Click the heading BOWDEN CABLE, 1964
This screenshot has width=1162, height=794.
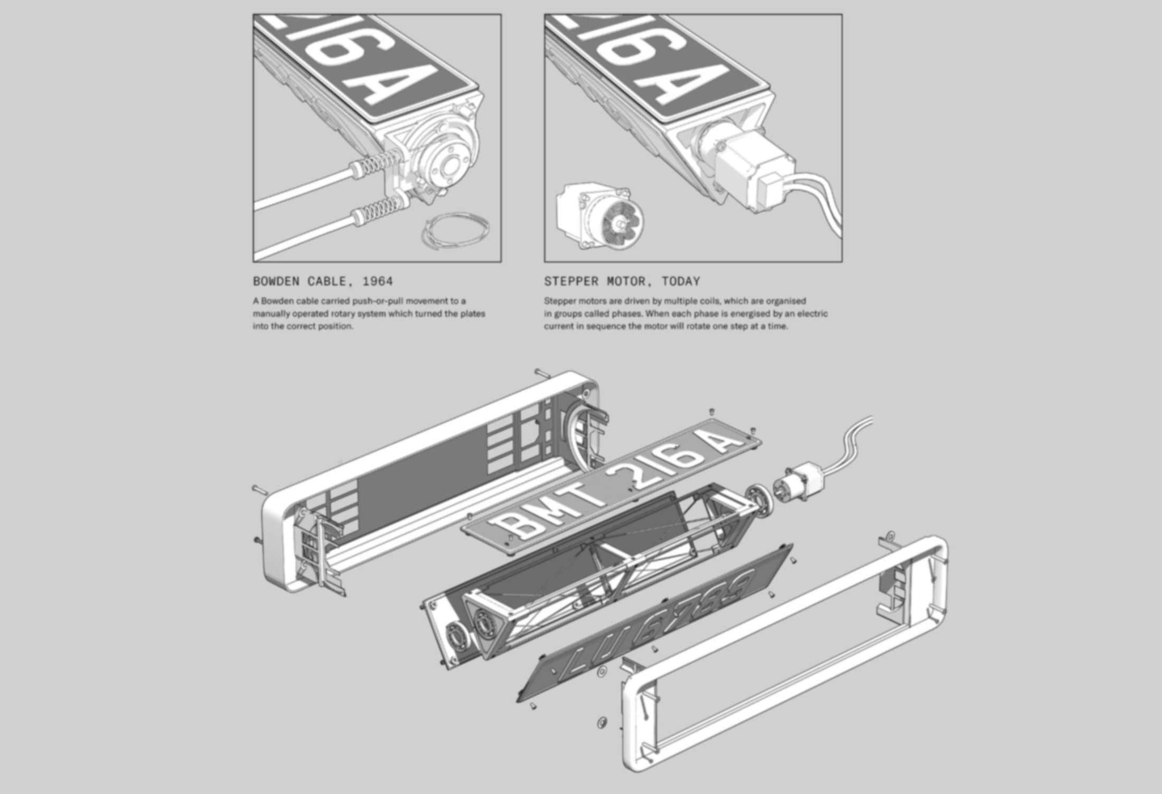323,281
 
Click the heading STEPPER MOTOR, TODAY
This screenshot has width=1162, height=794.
622,281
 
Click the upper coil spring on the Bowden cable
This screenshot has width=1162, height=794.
379,160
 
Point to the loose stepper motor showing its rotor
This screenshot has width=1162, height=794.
600,216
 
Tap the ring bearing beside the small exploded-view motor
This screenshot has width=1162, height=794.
759,499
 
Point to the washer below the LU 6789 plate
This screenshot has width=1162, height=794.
602,722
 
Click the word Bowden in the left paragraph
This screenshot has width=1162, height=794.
277,301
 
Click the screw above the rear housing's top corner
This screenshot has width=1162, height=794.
543,374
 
